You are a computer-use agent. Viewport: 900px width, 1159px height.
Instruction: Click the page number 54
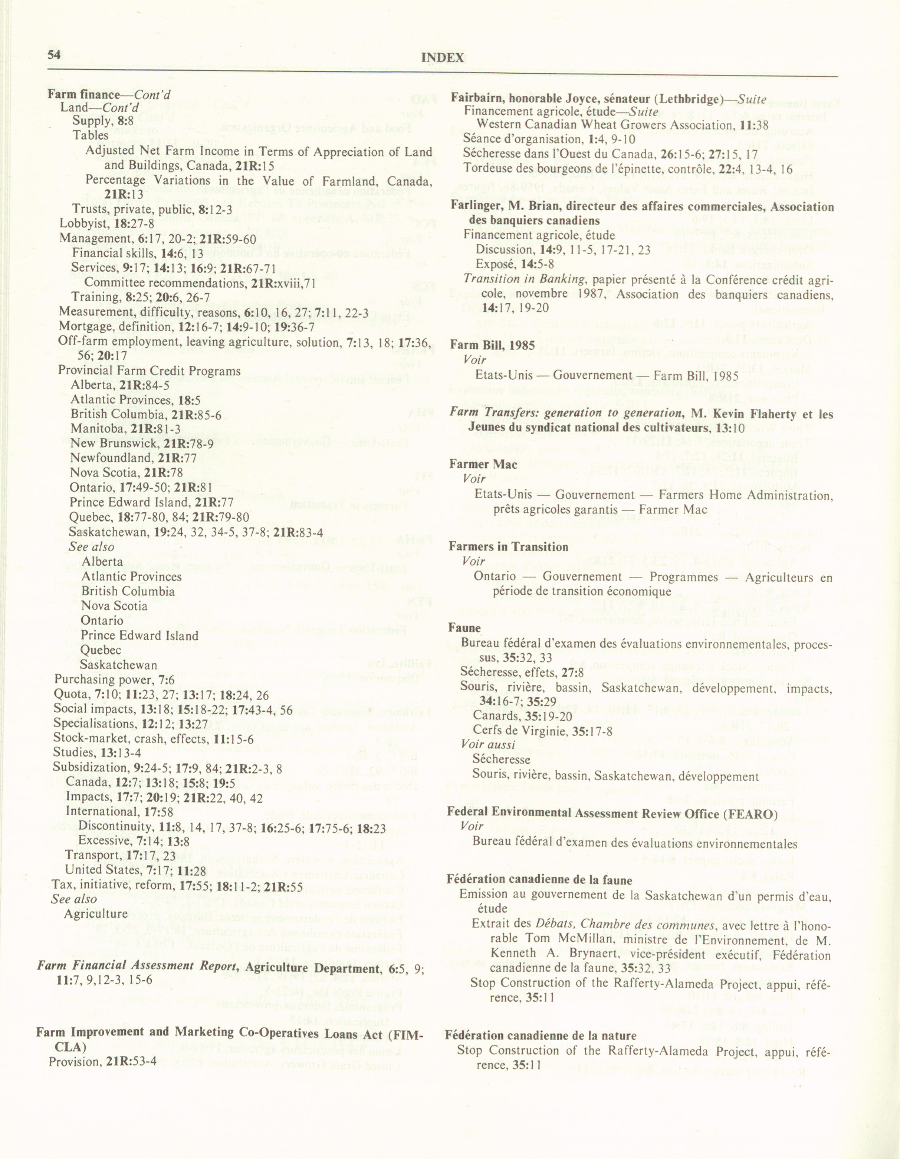[x=54, y=55]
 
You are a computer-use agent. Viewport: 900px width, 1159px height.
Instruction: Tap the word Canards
[x=494, y=717]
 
